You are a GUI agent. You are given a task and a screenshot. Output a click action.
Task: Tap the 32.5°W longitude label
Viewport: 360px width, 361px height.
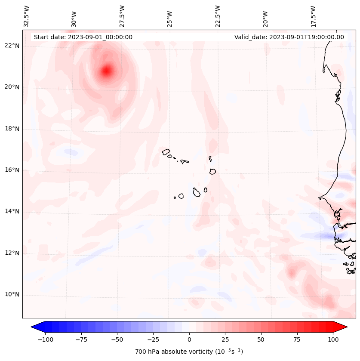tap(27, 16)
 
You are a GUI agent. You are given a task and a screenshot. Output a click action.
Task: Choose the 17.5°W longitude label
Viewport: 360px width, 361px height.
tap(313, 16)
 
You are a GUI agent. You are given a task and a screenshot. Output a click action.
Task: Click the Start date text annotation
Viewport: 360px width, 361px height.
tap(83, 37)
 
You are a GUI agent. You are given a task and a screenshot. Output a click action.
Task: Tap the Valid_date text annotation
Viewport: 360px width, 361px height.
tap(289, 37)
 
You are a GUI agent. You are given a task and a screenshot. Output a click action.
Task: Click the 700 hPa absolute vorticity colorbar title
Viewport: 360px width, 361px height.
tap(189, 352)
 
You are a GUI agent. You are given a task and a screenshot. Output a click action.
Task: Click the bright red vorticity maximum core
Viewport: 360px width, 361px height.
tap(107, 70)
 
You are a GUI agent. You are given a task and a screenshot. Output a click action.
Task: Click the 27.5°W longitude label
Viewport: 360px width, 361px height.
tap(122, 16)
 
